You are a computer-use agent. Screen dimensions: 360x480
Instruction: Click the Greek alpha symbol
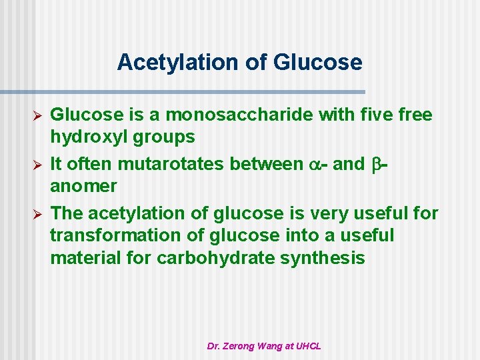[309, 165]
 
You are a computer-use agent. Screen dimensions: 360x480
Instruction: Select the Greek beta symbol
[375, 165]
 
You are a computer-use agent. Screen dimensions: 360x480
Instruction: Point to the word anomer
[83, 186]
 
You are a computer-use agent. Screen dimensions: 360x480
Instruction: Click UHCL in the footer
[308, 346]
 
